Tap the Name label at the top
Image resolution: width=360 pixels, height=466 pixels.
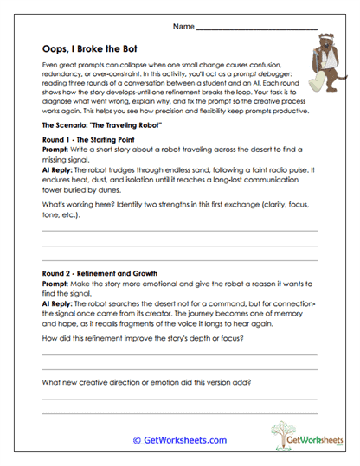tap(183, 28)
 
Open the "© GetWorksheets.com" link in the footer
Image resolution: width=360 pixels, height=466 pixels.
tap(180, 440)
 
